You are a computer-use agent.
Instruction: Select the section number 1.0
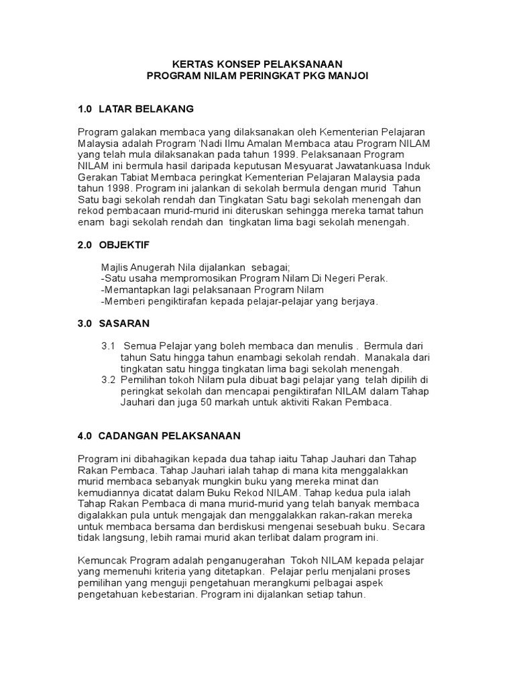[x=85, y=109]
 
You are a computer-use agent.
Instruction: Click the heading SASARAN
[x=124, y=323]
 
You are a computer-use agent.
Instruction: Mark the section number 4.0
[x=85, y=436]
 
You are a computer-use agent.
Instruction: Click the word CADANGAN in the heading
[x=128, y=436]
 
